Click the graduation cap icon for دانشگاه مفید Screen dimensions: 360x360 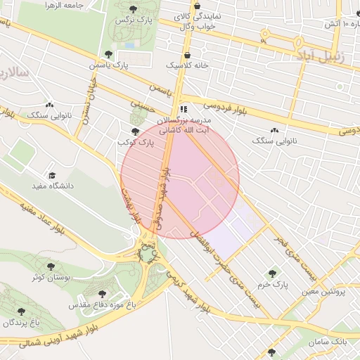pyautogui.click(x=51, y=175)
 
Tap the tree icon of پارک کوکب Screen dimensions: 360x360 pyautogui.click(x=135, y=131)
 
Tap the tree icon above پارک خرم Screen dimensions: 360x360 pyautogui.click(x=271, y=274)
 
